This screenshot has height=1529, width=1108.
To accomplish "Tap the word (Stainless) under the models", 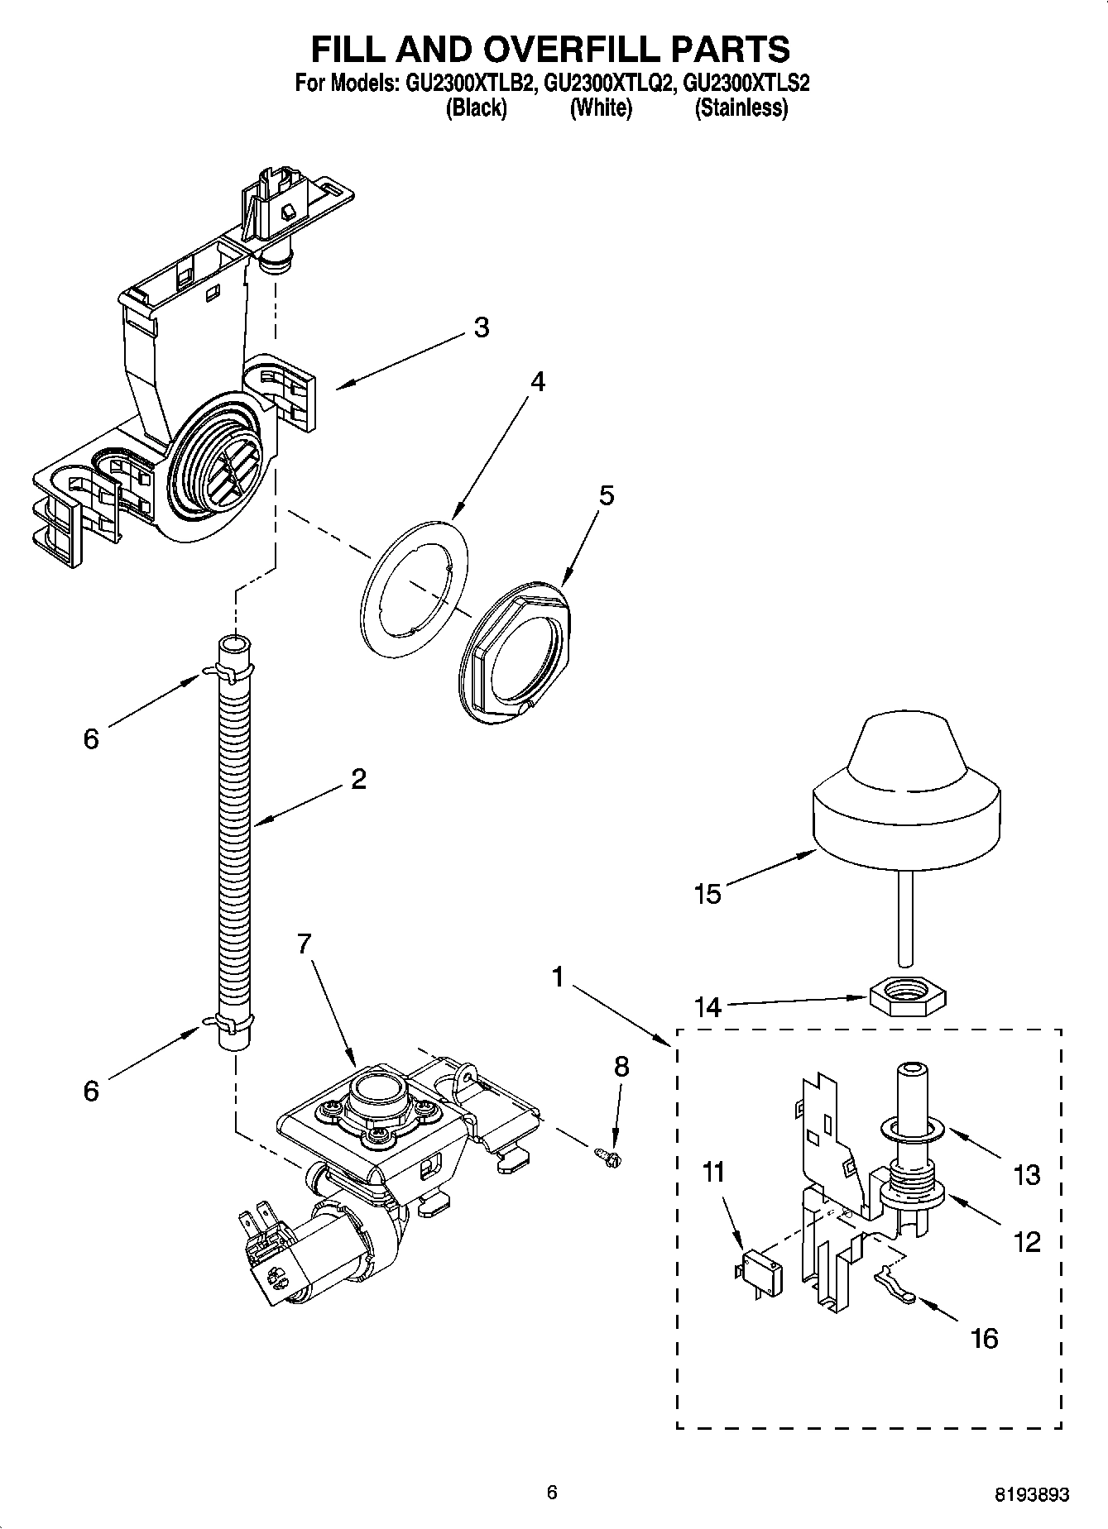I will pyautogui.click(x=741, y=108).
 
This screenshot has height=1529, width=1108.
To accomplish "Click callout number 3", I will pyautogui.click(x=481, y=327).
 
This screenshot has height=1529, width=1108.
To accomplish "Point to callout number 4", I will pyautogui.click(x=538, y=382).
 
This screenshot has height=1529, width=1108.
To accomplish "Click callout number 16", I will pyautogui.click(x=985, y=1337).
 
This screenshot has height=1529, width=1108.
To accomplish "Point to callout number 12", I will pyautogui.click(x=1027, y=1241).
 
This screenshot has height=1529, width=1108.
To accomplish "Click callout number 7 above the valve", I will pyautogui.click(x=304, y=944).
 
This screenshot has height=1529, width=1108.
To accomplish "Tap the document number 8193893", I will pyautogui.click(x=1031, y=1493).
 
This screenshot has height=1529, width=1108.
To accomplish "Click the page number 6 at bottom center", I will pyautogui.click(x=552, y=1492).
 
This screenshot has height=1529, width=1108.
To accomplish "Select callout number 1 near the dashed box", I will pyautogui.click(x=559, y=978).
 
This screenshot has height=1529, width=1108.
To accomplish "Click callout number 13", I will pyautogui.click(x=1027, y=1174).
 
